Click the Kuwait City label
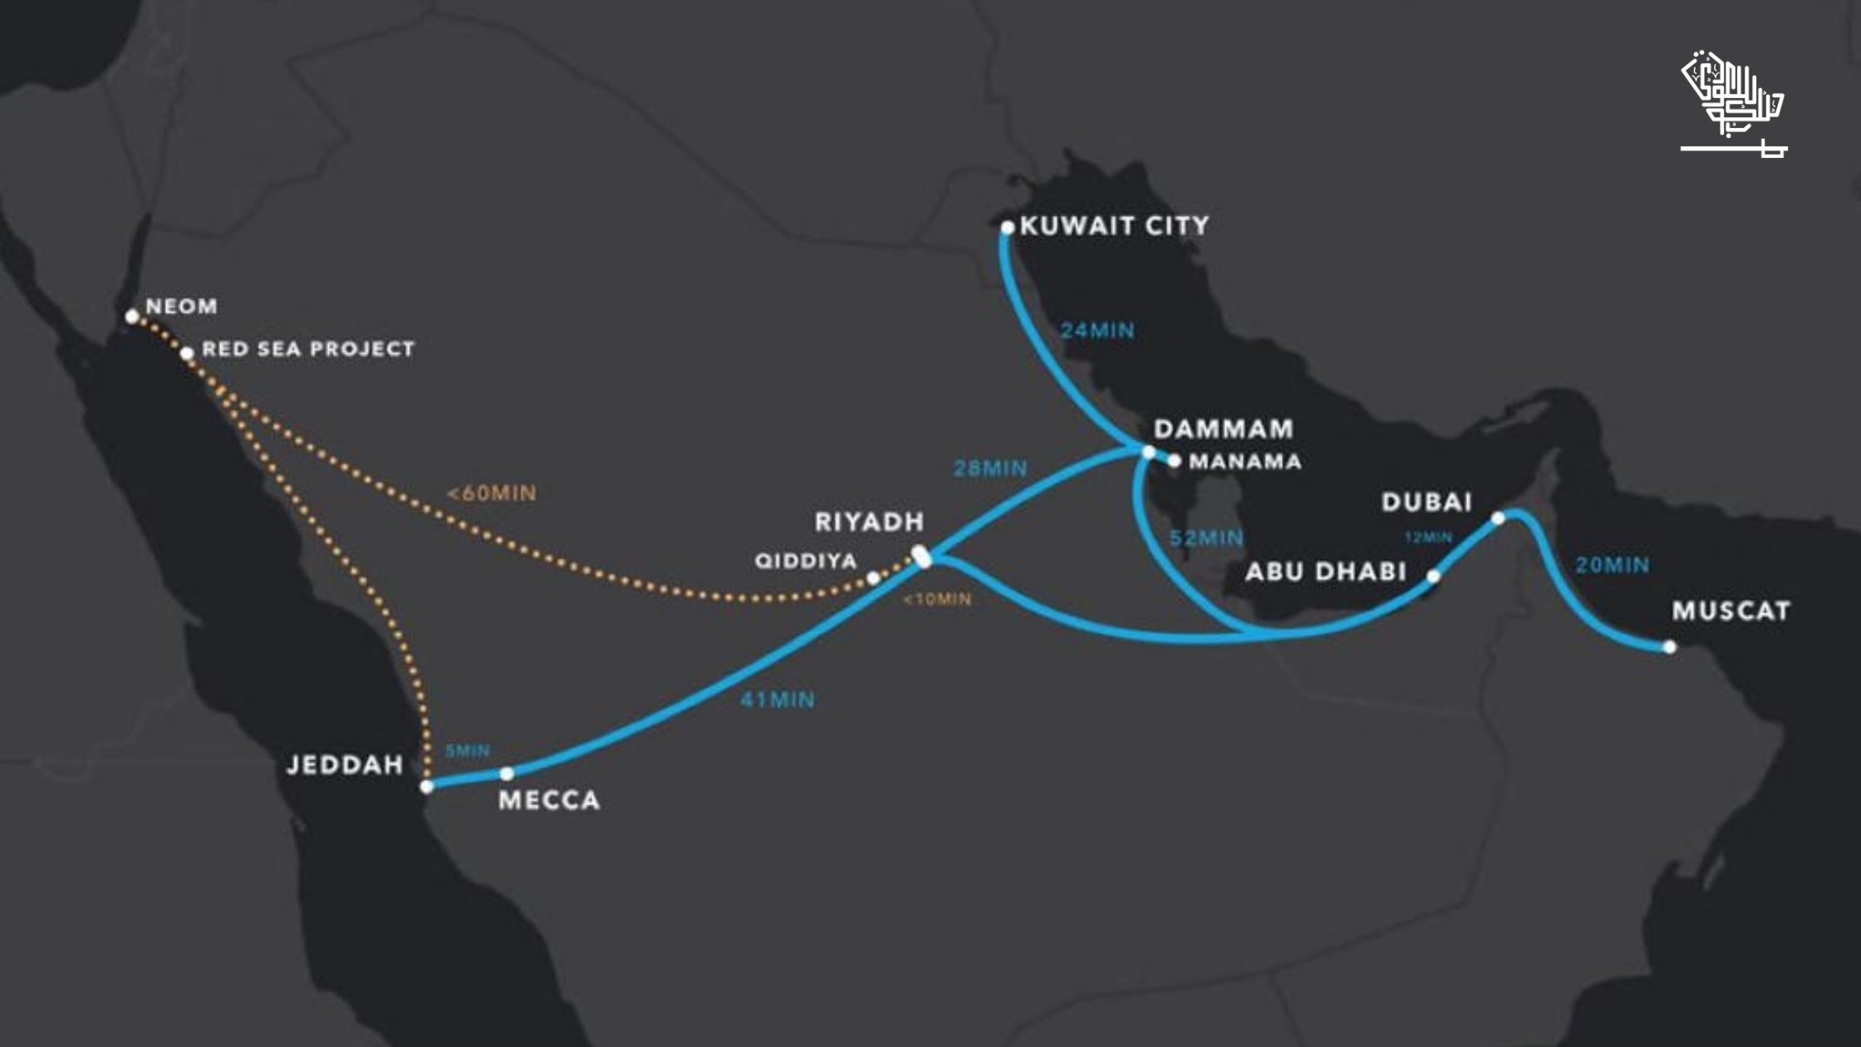pyautogui.click(x=1114, y=226)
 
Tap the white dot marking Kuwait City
pyautogui.click(x=1008, y=227)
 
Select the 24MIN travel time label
pyautogui.click(x=1097, y=331)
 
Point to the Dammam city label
pyautogui.click(x=1224, y=429)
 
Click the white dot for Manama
pyautogui.click(x=1174, y=460)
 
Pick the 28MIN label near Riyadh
pyautogui.click(x=990, y=469)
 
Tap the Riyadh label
pyautogui.click(x=869, y=522)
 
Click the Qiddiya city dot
pyautogui.click(x=873, y=578)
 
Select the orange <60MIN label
pyautogui.click(x=492, y=494)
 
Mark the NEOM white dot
pyautogui.click(x=132, y=317)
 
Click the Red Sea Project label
pyautogui.click(x=308, y=349)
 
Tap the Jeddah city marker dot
pyautogui.click(x=427, y=786)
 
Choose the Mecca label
pyautogui.click(x=549, y=800)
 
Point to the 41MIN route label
pyautogui.click(x=778, y=700)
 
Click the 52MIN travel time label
pyautogui.click(x=1206, y=538)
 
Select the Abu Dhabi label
pyautogui.click(x=1325, y=572)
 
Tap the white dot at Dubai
pyautogui.click(x=1498, y=519)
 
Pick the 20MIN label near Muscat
pyautogui.click(x=1613, y=566)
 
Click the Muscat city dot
pyautogui.click(x=1670, y=647)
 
